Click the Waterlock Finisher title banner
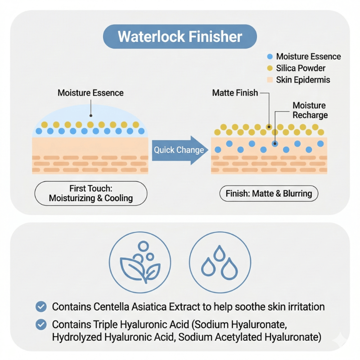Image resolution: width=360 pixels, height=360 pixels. point(180,36)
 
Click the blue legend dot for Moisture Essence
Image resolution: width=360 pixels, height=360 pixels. point(270,57)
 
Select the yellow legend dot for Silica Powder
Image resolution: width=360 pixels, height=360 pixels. point(270,68)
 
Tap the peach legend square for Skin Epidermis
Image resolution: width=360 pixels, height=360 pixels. point(270,80)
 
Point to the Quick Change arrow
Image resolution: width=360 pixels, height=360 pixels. point(179,150)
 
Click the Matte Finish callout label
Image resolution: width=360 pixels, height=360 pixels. point(235,93)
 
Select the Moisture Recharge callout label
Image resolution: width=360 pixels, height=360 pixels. point(310,110)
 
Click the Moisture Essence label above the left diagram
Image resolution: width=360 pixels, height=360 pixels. point(90,93)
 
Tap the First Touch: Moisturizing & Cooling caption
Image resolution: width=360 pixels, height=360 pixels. point(90,193)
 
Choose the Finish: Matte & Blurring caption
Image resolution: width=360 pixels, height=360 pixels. point(269,193)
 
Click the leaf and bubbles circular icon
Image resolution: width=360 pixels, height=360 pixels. point(140,263)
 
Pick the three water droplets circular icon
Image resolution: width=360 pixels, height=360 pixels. point(220,263)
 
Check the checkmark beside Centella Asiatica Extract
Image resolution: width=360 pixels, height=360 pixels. point(41,307)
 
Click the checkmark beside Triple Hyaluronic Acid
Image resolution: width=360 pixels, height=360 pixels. point(41,324)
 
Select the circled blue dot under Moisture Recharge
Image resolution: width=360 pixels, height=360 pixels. point(274,144)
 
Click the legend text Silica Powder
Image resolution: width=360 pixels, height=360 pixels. point(301,68)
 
